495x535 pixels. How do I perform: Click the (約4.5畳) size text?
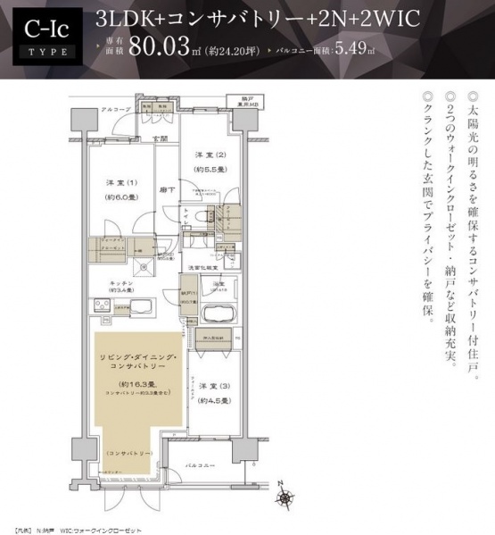click(x=212, y=401)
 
